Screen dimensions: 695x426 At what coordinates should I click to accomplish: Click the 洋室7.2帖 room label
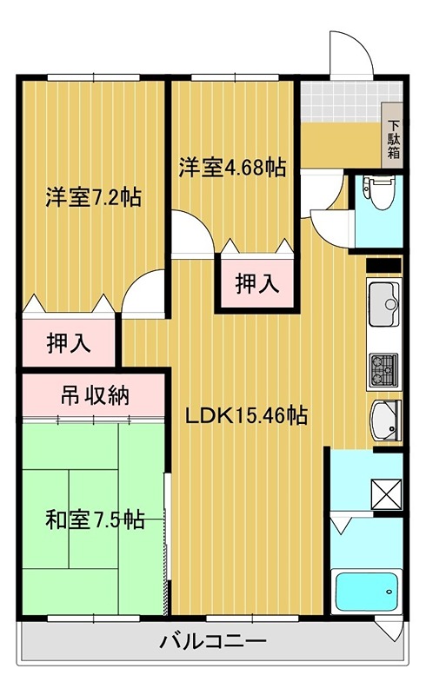coord(93,196)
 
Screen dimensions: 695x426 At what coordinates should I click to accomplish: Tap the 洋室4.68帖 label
coord(233,166)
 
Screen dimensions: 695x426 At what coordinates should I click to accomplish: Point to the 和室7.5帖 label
coord(94,520)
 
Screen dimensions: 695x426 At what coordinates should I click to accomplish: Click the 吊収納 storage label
coord(94,396)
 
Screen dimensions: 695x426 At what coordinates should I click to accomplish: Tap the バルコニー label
coord(212,644)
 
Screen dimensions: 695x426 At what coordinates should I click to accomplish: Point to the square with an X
coord(386,493)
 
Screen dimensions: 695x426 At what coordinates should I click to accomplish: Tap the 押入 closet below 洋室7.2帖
coord(68,342)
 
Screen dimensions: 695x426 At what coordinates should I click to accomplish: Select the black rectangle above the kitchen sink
coord(383,265)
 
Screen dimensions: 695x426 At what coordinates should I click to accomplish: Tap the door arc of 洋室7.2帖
coord(144,294)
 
